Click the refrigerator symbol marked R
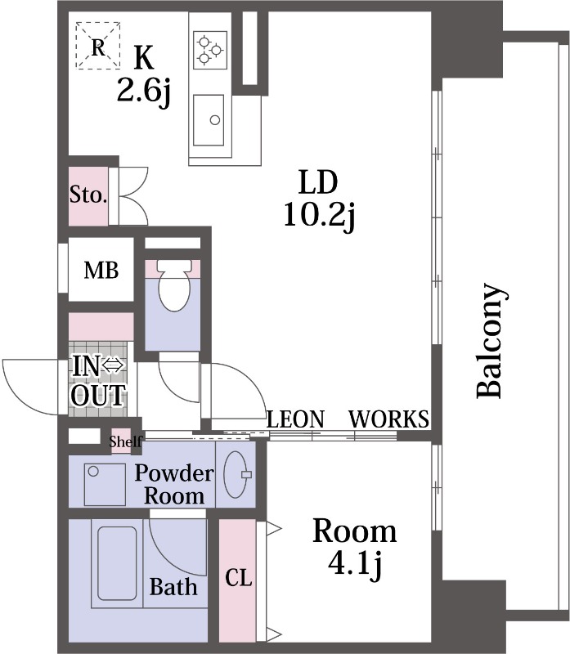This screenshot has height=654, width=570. tap(98, 45)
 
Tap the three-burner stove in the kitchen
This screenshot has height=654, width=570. tap(210, 50)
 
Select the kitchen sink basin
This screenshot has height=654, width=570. tap(209, 120)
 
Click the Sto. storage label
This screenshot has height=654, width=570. tap(88, 195)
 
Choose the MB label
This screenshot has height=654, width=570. tap(101, 271)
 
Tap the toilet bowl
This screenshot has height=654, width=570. tap(175, 285)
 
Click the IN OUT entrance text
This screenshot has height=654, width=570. tap(98, 381)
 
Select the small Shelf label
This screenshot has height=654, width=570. tap(126, 441)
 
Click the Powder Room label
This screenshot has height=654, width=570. tap(174, 484)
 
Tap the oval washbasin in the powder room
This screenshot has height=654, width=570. tap(236, 474)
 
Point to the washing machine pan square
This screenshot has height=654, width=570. tap(105, 484)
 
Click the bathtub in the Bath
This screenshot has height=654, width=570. tap(117, 563)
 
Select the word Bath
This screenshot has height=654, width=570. tap(173, 586)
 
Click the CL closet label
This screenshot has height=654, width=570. tap(238, 578)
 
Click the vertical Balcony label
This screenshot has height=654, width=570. tap(491, 340)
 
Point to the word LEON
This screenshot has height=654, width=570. tap(295, 419)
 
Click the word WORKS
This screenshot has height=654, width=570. tap(388, 419)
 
